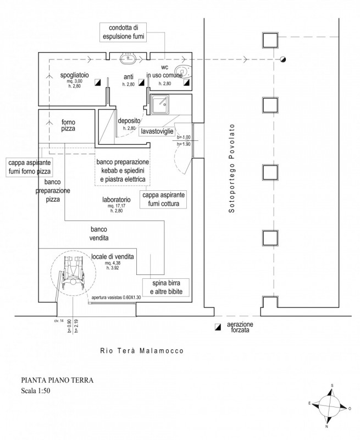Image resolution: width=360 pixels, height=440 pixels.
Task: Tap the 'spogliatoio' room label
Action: point(71,75)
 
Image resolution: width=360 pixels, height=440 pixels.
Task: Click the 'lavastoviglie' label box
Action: point(158,132)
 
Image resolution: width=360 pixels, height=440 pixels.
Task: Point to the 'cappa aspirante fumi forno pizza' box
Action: point(29,167)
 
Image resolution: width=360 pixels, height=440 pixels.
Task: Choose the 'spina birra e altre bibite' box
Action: point(162,287)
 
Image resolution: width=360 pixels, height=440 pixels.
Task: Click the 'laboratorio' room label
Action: point(116,200)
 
